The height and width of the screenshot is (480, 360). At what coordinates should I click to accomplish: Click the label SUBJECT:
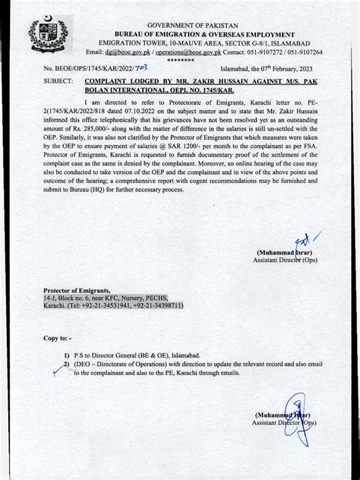58,81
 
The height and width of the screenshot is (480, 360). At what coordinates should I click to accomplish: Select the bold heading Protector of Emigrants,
77,291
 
